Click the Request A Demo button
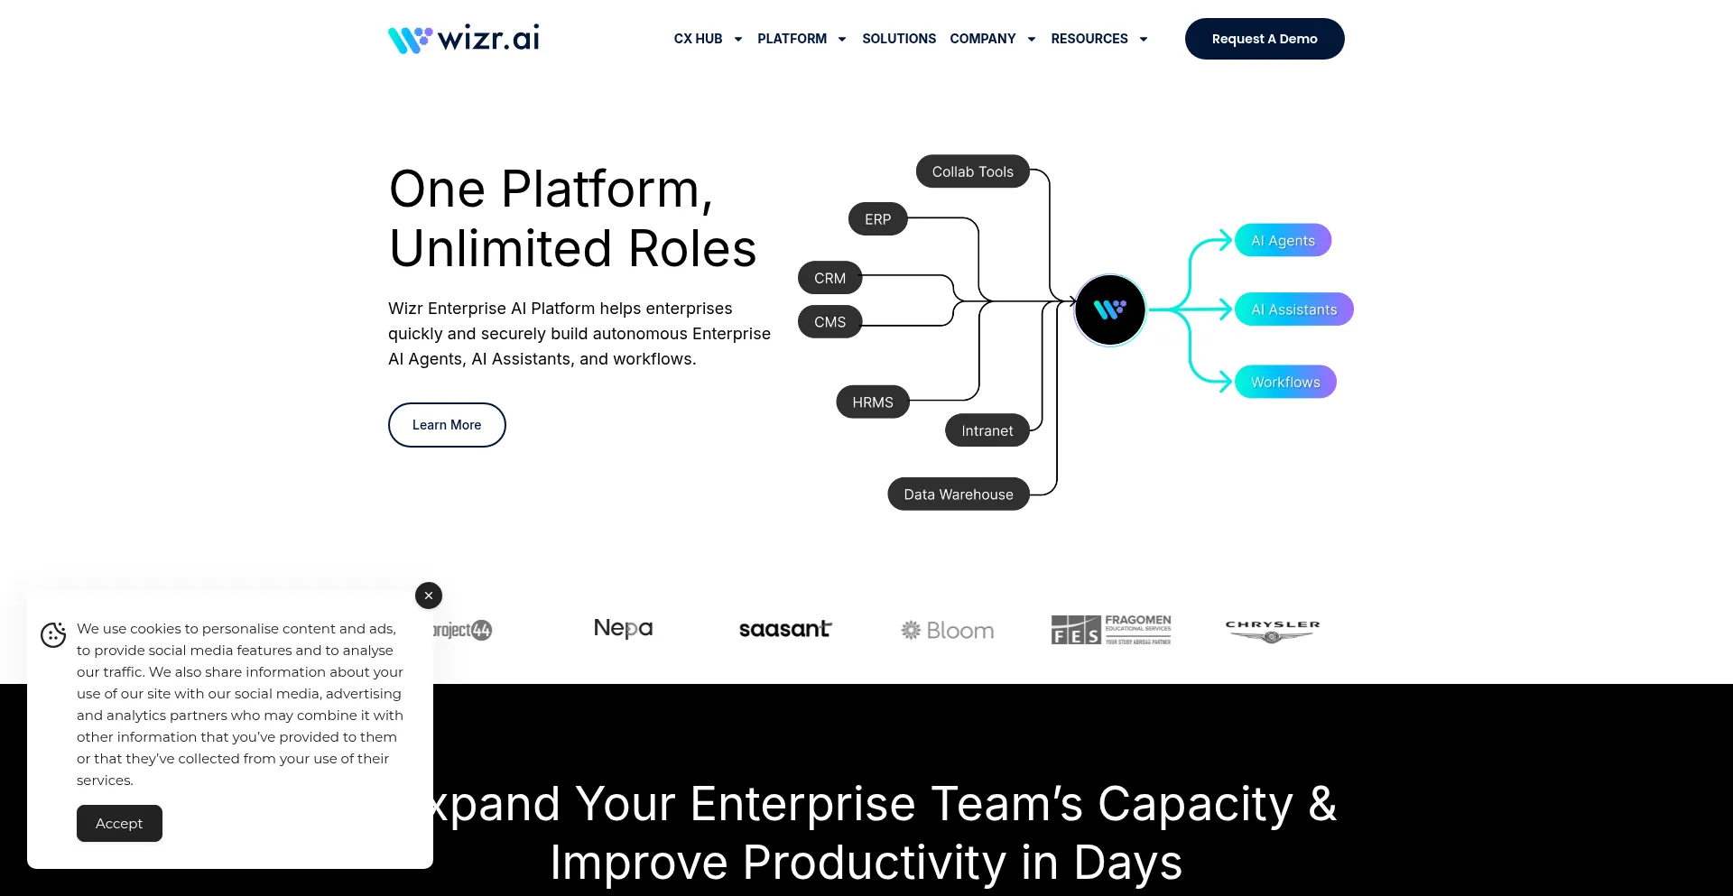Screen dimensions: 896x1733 [1264, 39]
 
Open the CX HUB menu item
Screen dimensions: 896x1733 [699, 39]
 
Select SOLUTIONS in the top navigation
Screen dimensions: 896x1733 [898, 39]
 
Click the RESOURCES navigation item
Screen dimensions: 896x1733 [1089, 39]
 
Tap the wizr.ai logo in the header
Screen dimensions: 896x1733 [464, 39]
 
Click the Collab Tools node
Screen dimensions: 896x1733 [972, 171]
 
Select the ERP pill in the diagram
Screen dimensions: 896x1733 [877, 219]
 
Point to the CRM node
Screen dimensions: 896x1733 [829, 278]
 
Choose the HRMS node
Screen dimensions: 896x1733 [872, 402]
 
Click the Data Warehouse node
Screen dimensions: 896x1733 [958, 494]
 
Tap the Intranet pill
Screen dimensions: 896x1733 [987, 431]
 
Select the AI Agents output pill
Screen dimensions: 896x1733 [1283, 241]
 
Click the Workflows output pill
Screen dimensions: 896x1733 [1285, 383]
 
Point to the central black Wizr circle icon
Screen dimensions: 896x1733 [1109, 309]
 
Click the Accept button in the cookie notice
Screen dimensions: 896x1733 [119, 824]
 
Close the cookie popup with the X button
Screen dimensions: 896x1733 [429, 596]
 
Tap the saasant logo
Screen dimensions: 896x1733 [785, 630]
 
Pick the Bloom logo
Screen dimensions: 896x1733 [948, 631]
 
